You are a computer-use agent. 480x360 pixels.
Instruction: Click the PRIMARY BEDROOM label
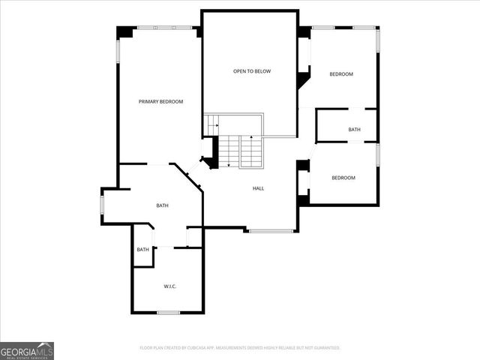coord(160,101)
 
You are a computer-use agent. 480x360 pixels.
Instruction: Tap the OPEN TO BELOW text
coord(251,71)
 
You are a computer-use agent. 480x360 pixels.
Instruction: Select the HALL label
coord(258,188)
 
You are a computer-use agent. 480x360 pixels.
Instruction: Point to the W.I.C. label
coord(169,286)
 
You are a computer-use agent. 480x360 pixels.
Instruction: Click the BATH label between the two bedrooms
coord(354,130)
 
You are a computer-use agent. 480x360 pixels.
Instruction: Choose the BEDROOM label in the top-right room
coord(341,74)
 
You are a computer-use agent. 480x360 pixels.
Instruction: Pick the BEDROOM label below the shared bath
coord(343,178)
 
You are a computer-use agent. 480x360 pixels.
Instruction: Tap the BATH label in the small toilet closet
coord(142,250)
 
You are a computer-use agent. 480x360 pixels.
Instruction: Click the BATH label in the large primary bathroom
coord(162,205)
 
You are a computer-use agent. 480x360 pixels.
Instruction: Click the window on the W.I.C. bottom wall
coord(168,312)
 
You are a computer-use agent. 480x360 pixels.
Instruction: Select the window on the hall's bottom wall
coord(271,230)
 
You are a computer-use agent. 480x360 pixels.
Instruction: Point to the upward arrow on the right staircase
coord(250,139)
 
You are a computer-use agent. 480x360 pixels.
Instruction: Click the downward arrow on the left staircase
coord(229,161)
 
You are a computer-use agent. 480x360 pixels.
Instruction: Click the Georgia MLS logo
coord(27,350)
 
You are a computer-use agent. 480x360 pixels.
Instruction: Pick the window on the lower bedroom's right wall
coord(378,154)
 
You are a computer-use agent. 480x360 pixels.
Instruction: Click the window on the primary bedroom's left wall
coord(118,51)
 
